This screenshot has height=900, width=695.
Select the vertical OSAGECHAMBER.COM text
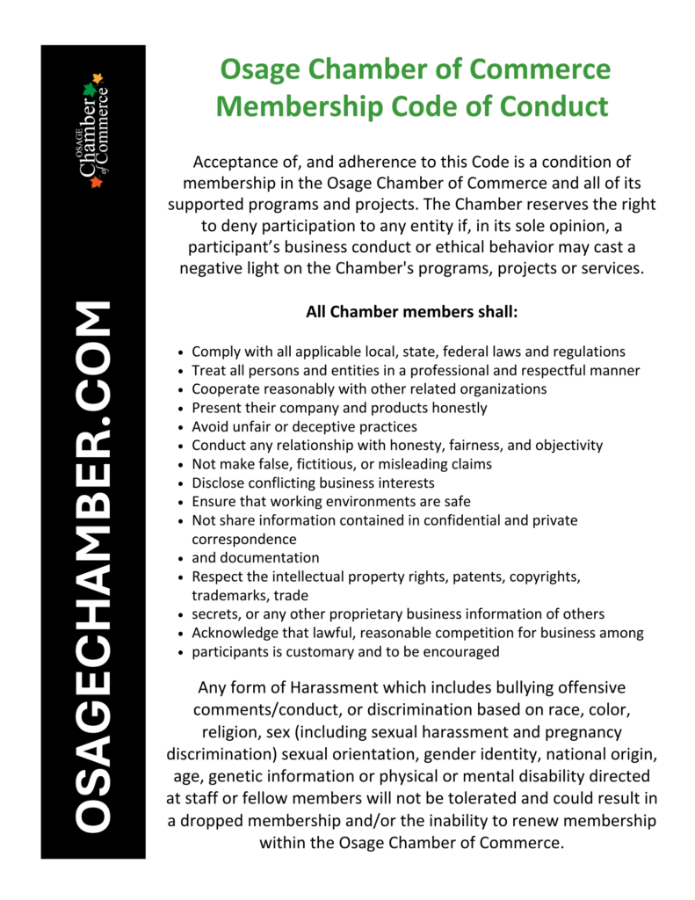coord(92,567)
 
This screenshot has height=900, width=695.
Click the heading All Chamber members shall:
coord(411,312)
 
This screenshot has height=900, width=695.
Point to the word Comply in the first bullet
coord(214,352)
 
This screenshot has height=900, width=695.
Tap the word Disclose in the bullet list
coord(218,483)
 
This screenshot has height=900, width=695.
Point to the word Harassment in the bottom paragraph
coord(351,687)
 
